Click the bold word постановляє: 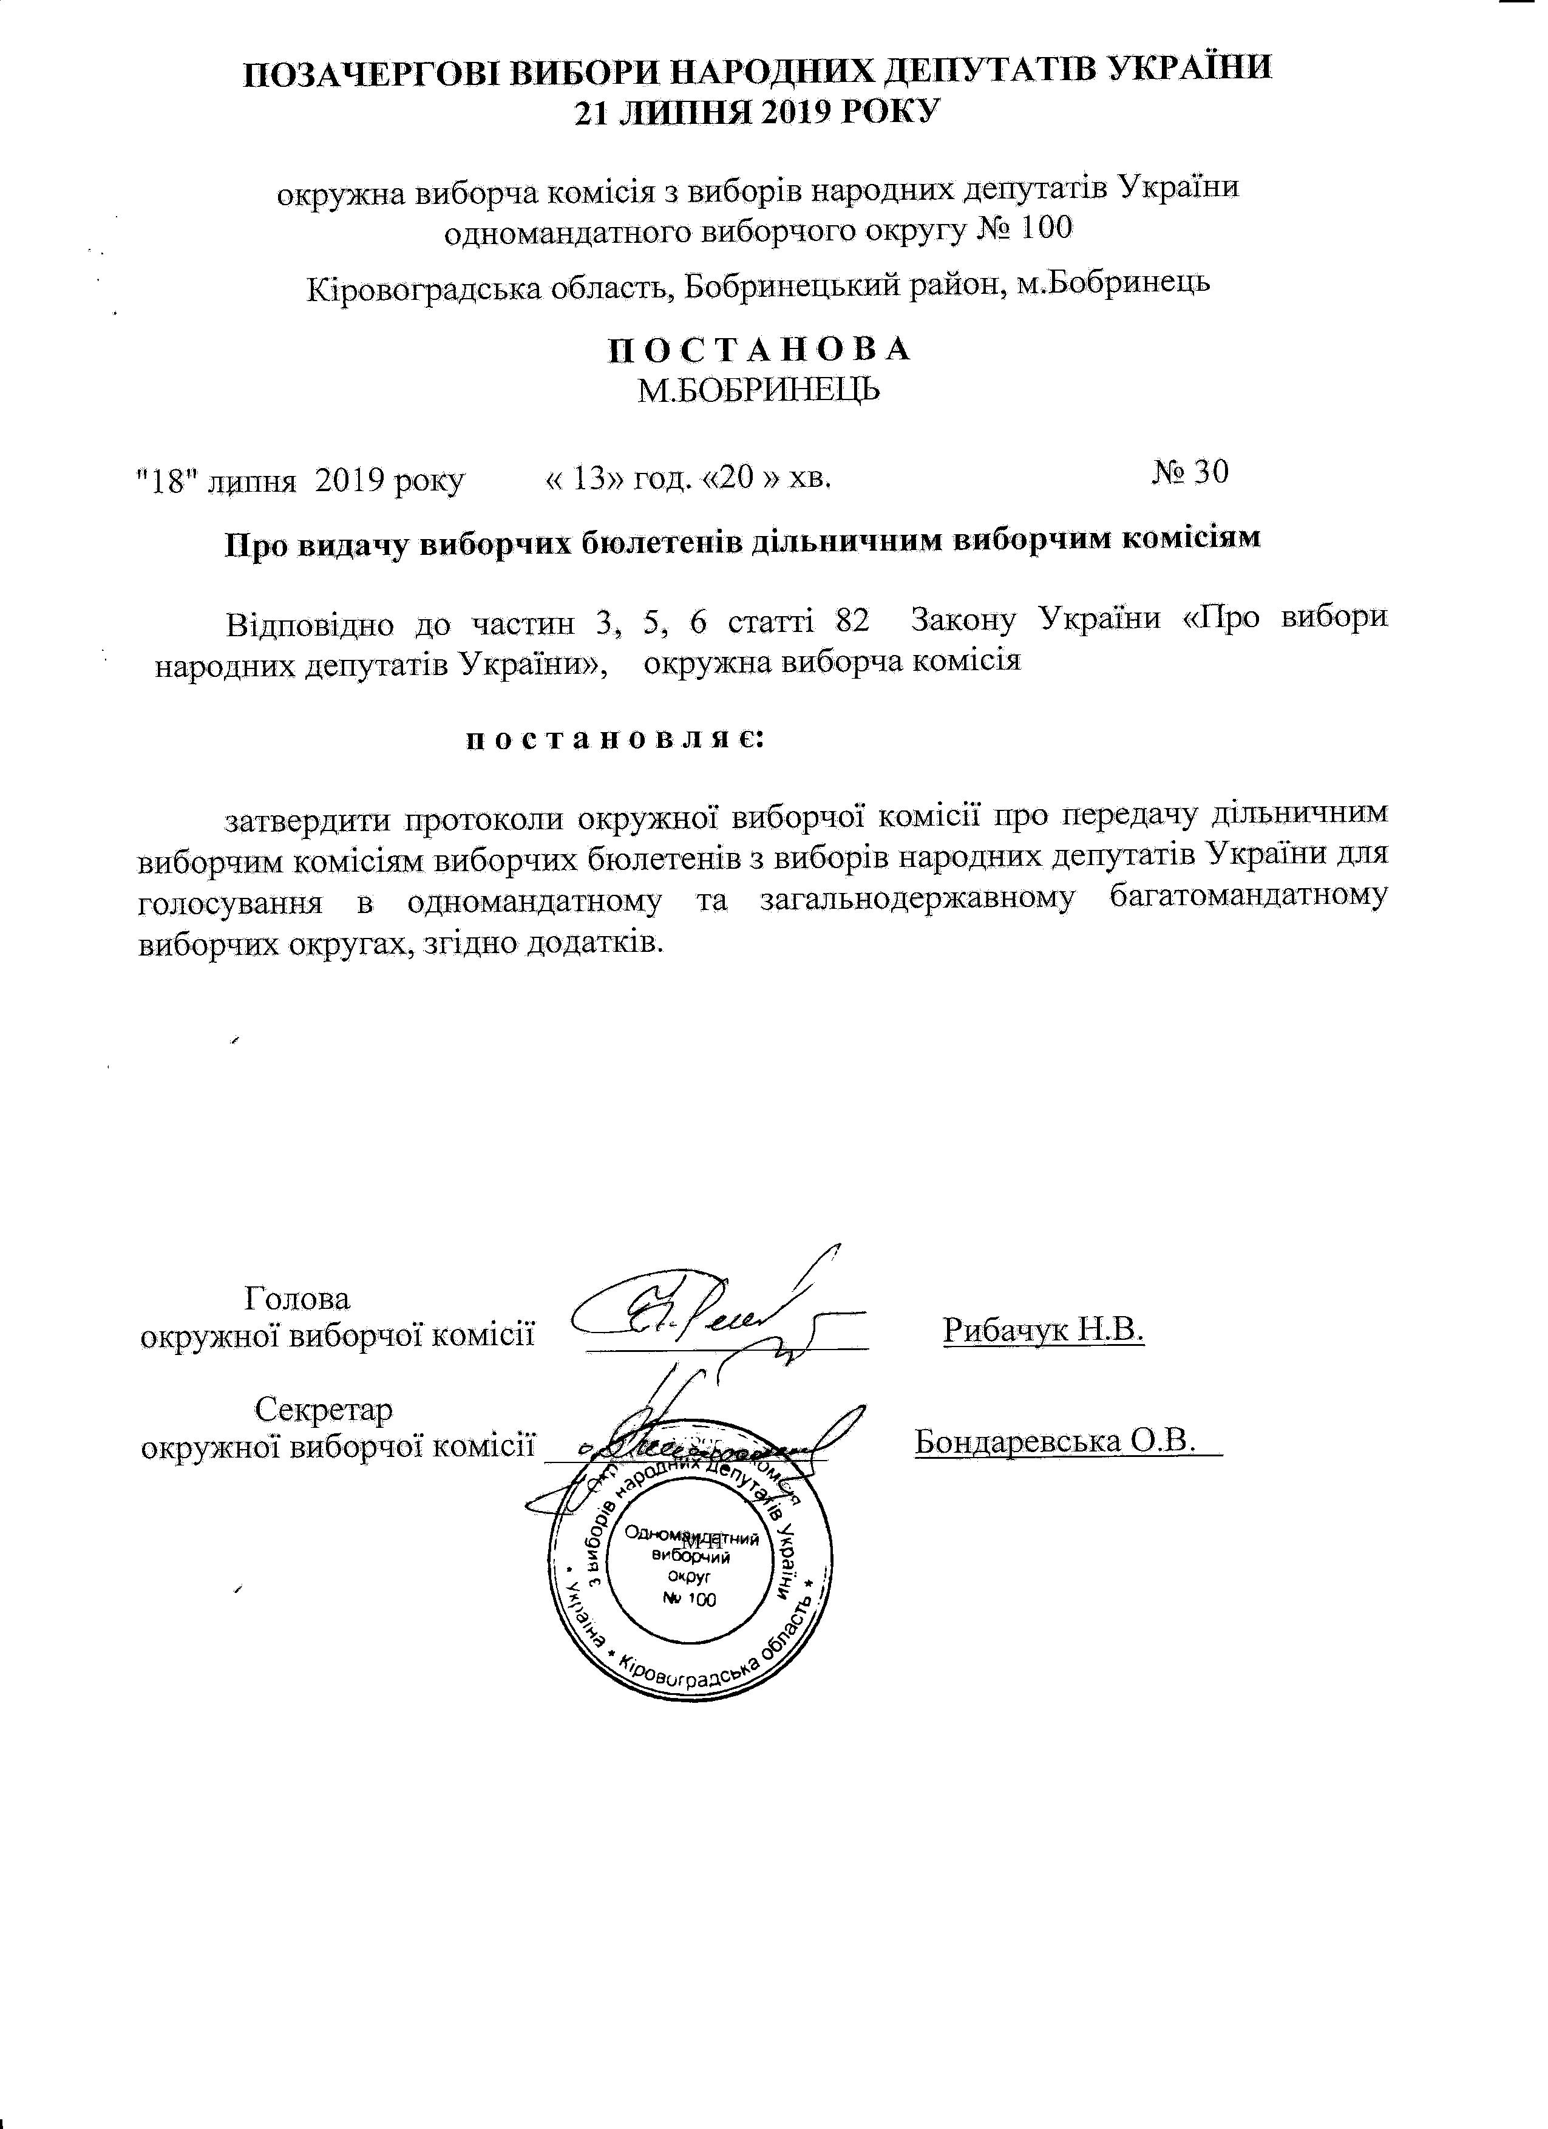[617, 739]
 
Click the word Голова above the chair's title [297, 1299]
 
